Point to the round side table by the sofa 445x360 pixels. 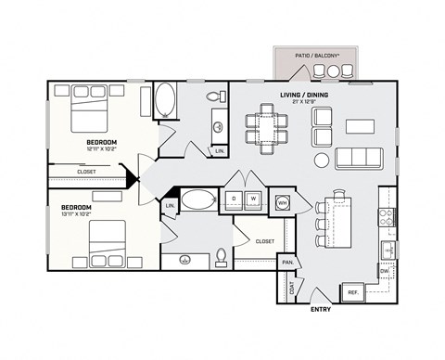[x=322, y=161]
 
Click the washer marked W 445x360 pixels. [x=252, y=199]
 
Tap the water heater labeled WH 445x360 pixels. [x=282, y=202]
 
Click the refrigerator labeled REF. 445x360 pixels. [x=353, y=292]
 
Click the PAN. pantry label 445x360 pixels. [x=288, y=264]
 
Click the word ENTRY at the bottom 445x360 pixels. [x=321, y=310]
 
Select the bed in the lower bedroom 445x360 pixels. [x=108, y=242]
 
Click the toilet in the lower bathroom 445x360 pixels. [x=221, y=254]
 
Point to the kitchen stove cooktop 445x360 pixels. [x=387, y=218]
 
